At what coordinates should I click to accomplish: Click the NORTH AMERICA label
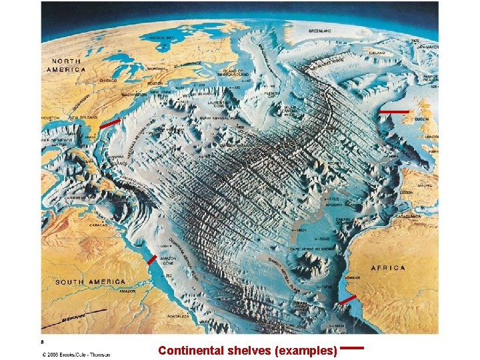tap(66, 65)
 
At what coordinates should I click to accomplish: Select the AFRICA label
tap(388, 268)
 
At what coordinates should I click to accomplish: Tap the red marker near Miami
tap(110, 123)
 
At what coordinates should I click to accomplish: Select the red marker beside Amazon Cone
tap(152, 259)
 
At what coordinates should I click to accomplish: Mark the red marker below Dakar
tap(347, 300)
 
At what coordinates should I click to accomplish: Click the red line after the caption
tap(352, 347)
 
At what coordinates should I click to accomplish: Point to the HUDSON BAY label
tap(161, 38)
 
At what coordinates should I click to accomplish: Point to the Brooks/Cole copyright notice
tap(77, 354)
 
